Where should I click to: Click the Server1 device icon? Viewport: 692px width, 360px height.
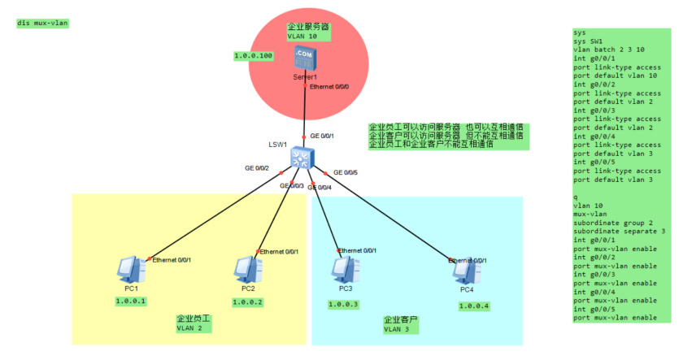pyautogui.click(x=304, y=59)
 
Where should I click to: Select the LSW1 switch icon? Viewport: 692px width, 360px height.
pyautogui.click(x=302, y=157)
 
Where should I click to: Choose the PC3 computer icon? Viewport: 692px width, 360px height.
pyautogui.click(x=344, y=267)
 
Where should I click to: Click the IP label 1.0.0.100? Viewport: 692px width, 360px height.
pyautogui.click(x=253, y=56)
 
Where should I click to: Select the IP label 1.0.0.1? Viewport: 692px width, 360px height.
pyautogui.click(x=130, y=301)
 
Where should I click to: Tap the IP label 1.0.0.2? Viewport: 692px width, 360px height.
pyautogui.click(x=248, y=302)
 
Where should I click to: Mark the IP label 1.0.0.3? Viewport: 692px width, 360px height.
pyautogui.click(x=343, y=305)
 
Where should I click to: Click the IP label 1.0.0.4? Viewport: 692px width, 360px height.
pyautogui.click(x=473, y=306)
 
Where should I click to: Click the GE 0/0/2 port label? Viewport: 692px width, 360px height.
pyautogui.click(x=257, y=168)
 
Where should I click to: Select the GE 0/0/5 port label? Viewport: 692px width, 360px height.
pyautogui.click(x=345, y=172)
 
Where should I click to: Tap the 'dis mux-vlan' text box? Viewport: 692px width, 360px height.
pyautogui.click(x=42, y=23)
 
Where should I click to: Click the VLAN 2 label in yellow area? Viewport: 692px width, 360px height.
pyautogui.click(x=189, y=328)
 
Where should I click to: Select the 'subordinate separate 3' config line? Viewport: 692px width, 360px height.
pyautogui.click(x=620, y=232)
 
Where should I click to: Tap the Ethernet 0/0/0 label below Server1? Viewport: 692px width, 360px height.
pyautogui.click(x=329, y=86)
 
